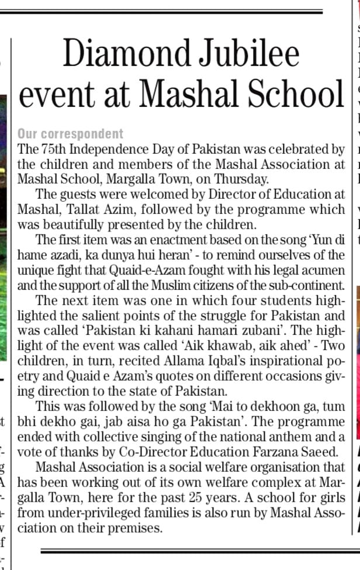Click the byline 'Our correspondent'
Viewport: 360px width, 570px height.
71,134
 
